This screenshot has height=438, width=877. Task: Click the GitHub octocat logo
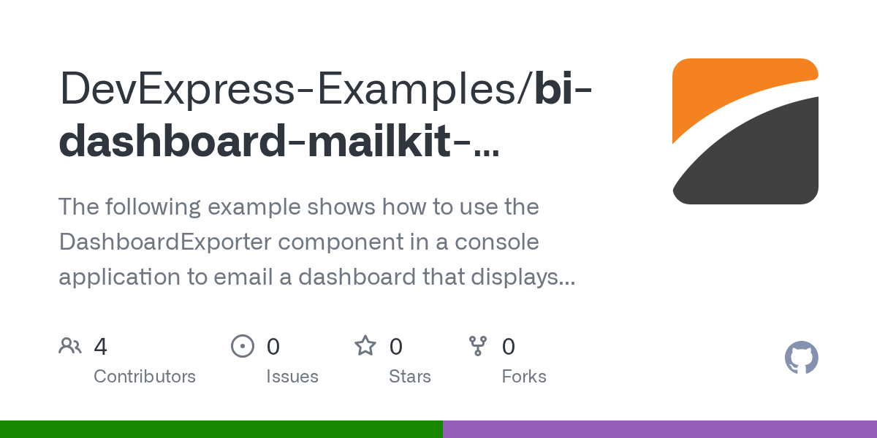click(801, 358)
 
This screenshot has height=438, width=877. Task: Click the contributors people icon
click(70, 346)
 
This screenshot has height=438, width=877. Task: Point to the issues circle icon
click(243, 346)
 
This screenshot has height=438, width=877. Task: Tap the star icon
click(365, 346)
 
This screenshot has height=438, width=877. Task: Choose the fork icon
click(478, 346)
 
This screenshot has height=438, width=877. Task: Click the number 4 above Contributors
click(101, 347)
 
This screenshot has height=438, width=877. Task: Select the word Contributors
click(145, 377)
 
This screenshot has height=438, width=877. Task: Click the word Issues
click(292, 377)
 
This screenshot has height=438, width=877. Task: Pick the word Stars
click(410, 377)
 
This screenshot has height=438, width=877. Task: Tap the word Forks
click(524, 377)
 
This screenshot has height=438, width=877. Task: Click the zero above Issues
click(273, 347)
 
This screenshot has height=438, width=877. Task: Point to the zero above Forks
click(509, 347)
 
